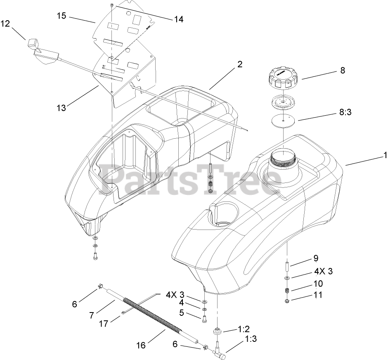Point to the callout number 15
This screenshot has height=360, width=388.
coord(61,16)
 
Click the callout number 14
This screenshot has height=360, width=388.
coord(179,19)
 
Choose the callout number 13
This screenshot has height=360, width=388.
coord(61,108)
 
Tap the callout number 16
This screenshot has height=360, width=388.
coord(141,345)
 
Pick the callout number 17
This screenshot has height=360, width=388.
coord(104,324)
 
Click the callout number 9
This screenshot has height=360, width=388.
coord(316,259)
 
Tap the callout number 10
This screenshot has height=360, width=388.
coord(318,284)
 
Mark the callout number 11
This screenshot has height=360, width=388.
coord(318,295)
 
